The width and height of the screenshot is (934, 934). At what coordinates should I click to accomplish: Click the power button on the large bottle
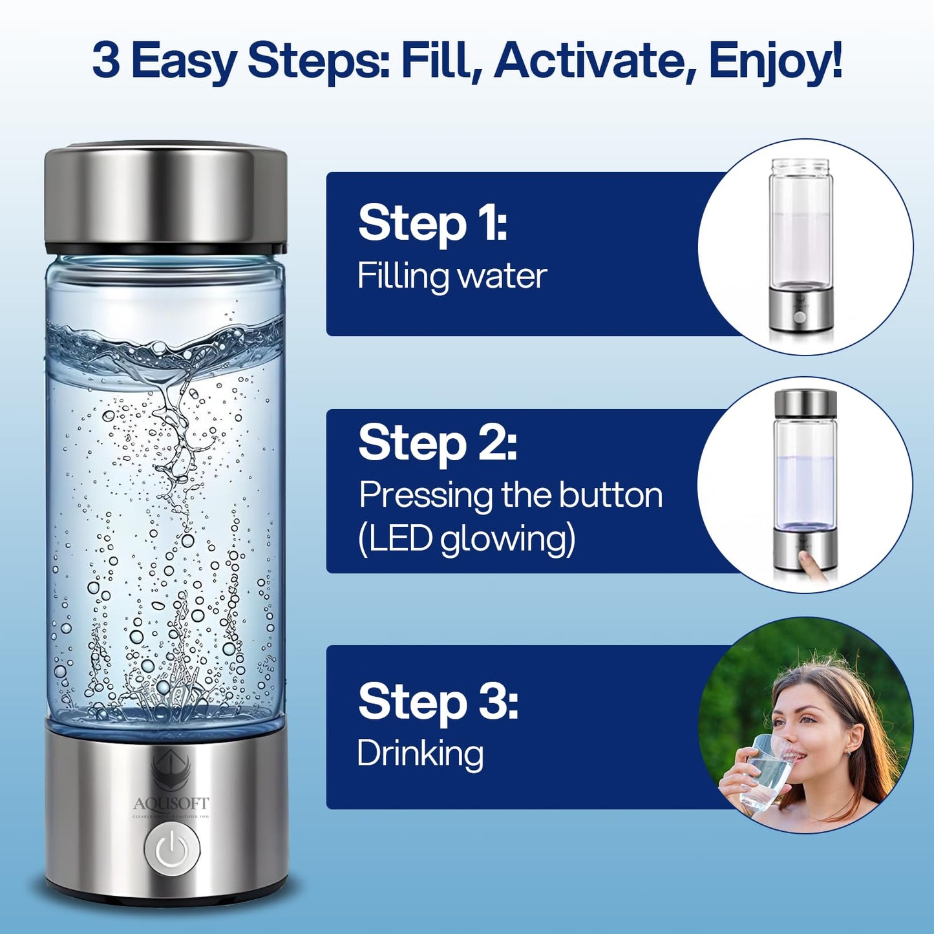[170, 847]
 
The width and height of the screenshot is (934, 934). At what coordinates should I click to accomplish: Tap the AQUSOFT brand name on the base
[171, 803]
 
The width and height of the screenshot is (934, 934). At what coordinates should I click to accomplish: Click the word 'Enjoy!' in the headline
[775, 61]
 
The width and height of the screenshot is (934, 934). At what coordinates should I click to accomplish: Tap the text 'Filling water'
[452, 276]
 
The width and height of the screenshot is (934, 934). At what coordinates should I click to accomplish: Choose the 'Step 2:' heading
[438, 443]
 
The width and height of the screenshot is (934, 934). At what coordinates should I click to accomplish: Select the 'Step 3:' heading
[438, 702]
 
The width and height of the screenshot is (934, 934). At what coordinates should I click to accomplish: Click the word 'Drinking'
[420, 754]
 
